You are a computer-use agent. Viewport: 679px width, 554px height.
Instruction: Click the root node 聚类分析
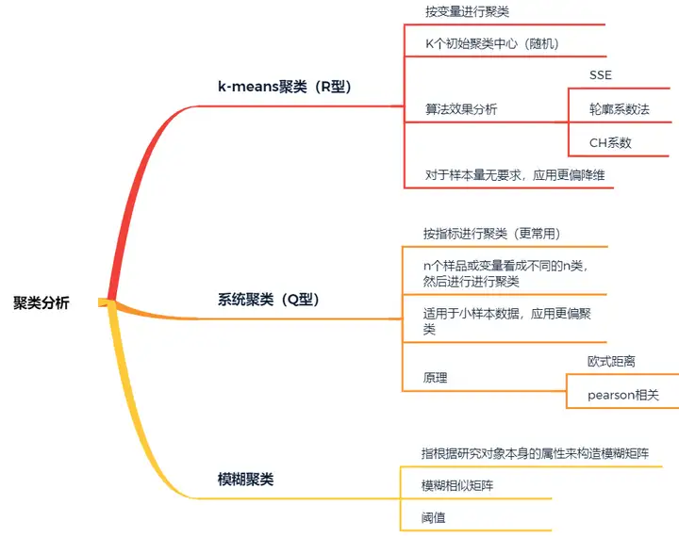click(41, 302)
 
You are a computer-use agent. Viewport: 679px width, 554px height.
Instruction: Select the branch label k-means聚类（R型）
click(284, 88)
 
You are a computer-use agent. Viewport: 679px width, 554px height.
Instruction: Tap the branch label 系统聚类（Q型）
click(269, 300)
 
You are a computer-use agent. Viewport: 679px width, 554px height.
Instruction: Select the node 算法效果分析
click(461, 109)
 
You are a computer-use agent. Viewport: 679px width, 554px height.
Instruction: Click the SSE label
click(601, 74)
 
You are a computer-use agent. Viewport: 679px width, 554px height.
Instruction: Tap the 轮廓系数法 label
click(620, 109)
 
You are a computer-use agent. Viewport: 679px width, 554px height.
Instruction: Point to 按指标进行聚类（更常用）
click(492, 234)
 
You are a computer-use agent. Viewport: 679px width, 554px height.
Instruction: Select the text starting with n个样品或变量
click(505, 273)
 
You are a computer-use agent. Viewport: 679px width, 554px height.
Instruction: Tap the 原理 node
click(436, 378)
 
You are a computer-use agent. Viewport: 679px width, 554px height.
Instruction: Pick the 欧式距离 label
click(611, 361)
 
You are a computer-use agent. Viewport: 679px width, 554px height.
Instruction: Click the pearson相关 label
click(623, 395)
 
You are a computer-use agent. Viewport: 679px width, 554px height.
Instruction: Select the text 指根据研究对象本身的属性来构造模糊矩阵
click(535, 453)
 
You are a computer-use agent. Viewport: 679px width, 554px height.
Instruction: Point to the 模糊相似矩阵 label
click(457, 485)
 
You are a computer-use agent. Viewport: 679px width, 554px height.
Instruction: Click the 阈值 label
click(435, 516)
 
